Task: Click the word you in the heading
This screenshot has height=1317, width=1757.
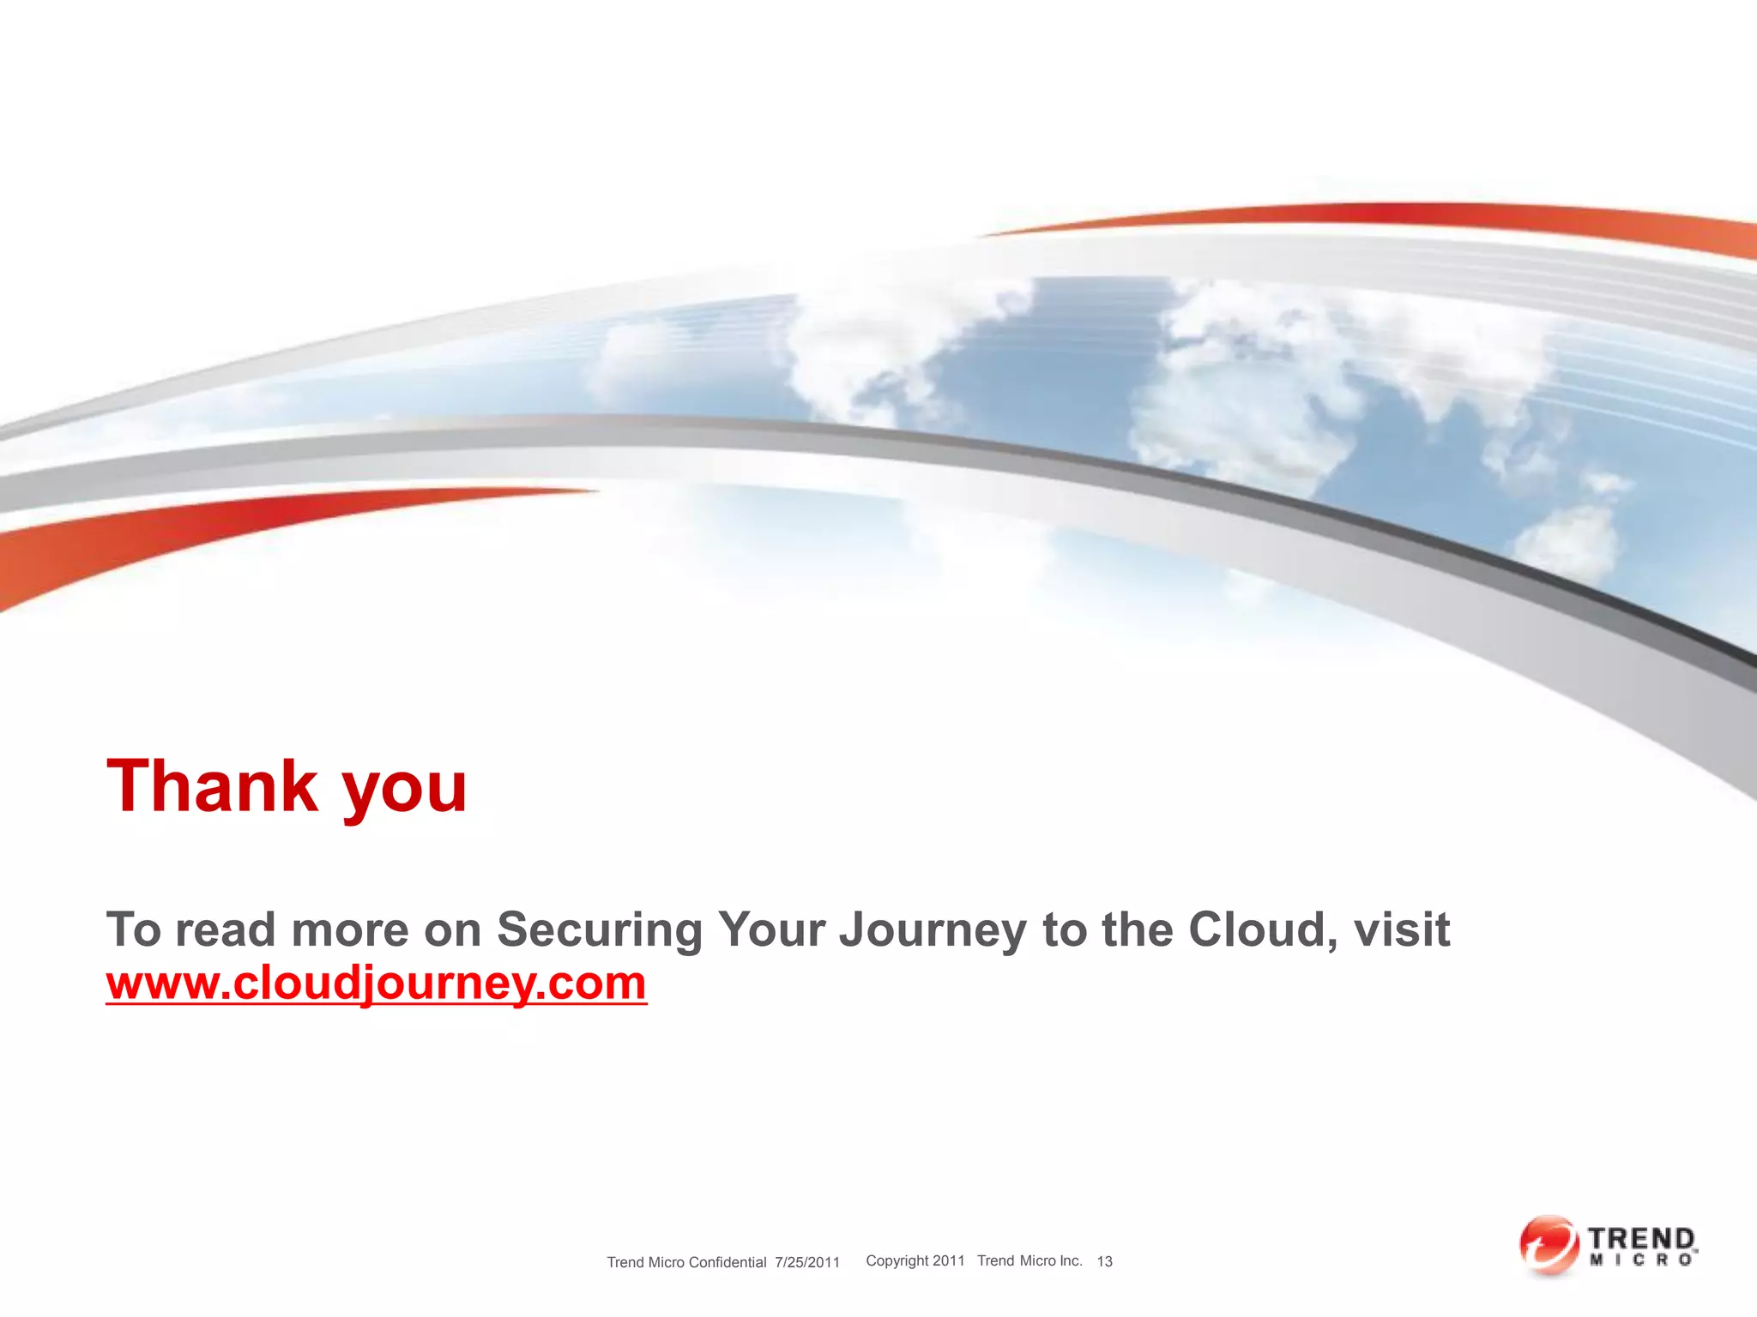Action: pyautogui.click(x=405, y=791)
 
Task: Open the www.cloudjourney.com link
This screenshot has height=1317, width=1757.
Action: pyautogui.click(x=376, y=983)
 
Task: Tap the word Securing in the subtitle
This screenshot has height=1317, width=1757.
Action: pyautogui.click(x=600, y=929)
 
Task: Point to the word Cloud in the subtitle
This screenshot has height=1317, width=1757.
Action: pyautogui.click(x=1256, y=929)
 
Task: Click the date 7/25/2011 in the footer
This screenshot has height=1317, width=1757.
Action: pyautogui.click(x=807, y=1262)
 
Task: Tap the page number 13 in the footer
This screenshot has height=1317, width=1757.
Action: pyautogui.click(x=1105, y=1261)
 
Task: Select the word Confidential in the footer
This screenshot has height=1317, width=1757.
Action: pyautogui.click(x=728, y=1262)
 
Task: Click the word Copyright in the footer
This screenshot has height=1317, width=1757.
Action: pyautogui.click(x=897, y=1261)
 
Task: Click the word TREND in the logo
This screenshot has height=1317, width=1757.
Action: pyautogui.click(x=1641, y=1239)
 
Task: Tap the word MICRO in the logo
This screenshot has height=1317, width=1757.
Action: pyautogui.click(x=1641, y=1260)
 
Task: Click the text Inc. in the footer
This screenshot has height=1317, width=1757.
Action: pyautogui.click(x=1071, y=1260)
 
